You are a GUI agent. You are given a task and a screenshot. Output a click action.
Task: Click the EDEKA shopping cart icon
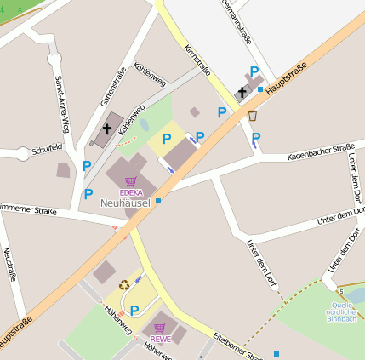[130, 181]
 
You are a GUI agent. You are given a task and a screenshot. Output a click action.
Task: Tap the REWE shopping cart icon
[159, 327]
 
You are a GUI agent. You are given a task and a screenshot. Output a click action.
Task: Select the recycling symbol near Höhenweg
[124, 286]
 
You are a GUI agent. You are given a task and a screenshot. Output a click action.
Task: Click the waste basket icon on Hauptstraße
[253, 116]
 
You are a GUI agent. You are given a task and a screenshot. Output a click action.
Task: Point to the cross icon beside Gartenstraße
[107, 129]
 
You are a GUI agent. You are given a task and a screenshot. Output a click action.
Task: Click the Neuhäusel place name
[124, 203]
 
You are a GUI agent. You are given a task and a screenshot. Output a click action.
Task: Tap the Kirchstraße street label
[197, 60]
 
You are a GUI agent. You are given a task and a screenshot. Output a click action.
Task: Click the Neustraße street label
[9, 263]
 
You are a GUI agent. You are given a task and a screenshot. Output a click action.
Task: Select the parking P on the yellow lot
[167, 139]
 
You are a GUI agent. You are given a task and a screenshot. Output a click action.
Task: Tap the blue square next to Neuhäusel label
[158, 201]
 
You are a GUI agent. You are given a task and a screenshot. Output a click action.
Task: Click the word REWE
[160, 339]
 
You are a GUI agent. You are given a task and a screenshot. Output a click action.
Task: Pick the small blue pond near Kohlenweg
[144, 125]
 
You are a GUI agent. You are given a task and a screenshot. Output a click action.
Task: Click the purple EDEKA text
[130, 193]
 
